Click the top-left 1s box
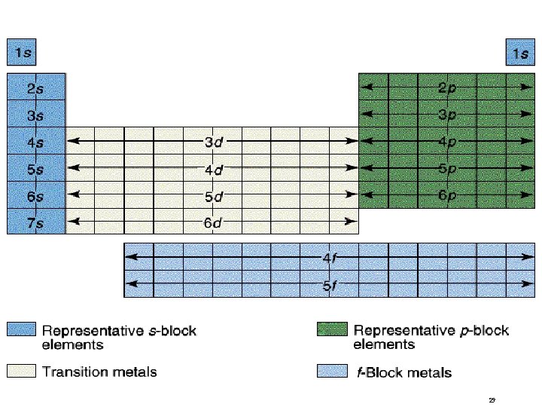[x=21, y=54]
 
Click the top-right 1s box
[x=519, y=54]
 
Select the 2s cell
[x=36, y=87]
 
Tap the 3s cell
[x=36, y=115]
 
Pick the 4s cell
[x=36, y=142]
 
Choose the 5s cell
[x=36, y=169]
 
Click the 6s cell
[x=36, y=196]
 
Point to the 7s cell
[x=36, y=222]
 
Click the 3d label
[x=214, y=141]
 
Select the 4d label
[x=214, y=169]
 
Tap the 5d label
[x=214, y=196]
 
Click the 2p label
[x=447, y=87]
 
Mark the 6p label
[x=447, y=195]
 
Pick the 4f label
[x=329, y=258]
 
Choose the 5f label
[x=329, y=285]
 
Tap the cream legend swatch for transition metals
[x=22, y=371]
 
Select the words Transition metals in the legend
[x=99, y=372]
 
